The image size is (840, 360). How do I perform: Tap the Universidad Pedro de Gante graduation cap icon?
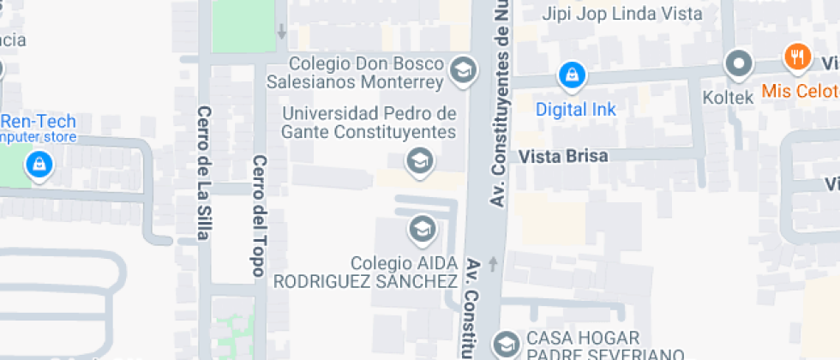pyautogui.click(x=419, y=159)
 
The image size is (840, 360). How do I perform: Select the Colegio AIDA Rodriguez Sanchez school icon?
pyautogui.click(x=421, y=229)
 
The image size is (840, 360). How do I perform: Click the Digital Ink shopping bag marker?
pyautogui.click(x=570, y=76)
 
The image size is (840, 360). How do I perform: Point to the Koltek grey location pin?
pyautogui.click(x=737, y=63)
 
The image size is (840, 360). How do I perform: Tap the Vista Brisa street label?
pyautogui.click(x=563, y=156)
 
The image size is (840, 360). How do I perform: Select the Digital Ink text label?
pyautogui.click(x=576, y=110)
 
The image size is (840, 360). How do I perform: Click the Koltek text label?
pyautogui.click(x=728, y=98)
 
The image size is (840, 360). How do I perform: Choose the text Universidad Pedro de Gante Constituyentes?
pyautogui.click(x=369, y=123)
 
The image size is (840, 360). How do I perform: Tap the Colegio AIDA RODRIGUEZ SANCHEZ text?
pyautogui.click(x=365, y=272)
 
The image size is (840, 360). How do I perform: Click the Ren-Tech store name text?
pyautogui.click(x=39, y=122)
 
